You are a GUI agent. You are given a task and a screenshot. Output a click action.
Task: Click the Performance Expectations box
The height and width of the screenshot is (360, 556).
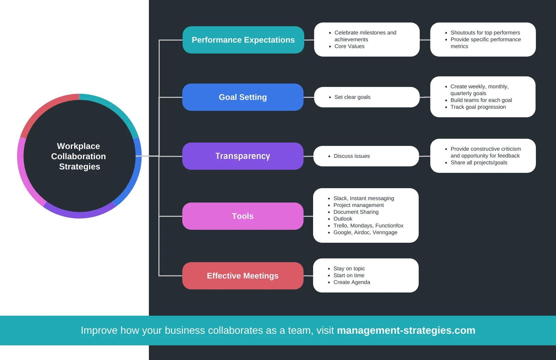(243, 40)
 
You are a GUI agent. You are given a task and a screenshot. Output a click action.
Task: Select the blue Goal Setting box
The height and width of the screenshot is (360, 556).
(243, 97)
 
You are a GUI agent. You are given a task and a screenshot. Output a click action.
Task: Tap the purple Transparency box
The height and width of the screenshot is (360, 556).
(243, 156)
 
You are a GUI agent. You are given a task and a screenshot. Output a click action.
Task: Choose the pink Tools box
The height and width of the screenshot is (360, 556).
(243, 216)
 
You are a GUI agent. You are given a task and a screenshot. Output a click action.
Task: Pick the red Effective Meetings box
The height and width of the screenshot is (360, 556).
(243, 276)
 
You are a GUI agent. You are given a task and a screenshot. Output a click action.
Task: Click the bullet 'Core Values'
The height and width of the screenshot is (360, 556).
(349, 46)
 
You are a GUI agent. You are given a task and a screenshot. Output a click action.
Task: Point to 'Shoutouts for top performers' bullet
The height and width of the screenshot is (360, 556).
(485, 33)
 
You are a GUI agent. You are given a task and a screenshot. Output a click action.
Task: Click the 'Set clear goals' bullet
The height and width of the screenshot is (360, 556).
(352, 97)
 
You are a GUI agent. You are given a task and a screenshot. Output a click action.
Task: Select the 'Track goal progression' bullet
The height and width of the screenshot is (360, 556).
(478, 107)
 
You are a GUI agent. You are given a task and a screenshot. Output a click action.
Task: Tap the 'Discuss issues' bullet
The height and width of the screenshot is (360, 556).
(352, 156)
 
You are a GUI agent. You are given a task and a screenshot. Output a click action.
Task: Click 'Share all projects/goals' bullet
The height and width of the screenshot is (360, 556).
(479, 163)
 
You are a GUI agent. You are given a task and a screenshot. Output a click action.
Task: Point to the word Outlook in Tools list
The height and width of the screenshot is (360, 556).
(343, 219)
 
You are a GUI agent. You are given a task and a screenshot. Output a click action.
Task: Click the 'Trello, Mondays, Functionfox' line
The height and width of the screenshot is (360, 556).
(368, 226)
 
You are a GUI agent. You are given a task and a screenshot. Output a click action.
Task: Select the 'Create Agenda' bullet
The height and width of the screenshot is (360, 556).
(352, 282)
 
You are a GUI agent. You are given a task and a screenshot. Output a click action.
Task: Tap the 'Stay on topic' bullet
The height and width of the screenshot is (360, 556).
(349, 269)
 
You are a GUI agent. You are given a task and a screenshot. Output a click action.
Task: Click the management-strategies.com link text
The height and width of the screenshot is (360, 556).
(406, 330)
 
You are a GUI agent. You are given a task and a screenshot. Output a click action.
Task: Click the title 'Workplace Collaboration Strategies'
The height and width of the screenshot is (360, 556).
(79, 156)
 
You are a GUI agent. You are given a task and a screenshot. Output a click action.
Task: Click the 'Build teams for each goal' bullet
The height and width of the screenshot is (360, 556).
(481, 100)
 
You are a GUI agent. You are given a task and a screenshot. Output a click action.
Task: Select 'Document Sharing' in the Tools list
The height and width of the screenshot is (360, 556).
(356, 212)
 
